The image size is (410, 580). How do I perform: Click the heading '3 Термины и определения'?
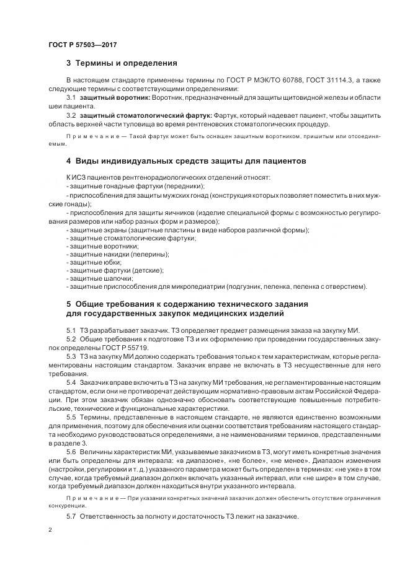[x=122, y=63]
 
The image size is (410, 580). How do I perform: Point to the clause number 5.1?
[x=71, y=330]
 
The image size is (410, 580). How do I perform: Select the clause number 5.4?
[x=71, y=384]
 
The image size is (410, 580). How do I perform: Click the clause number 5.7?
[x=71, y=516]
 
